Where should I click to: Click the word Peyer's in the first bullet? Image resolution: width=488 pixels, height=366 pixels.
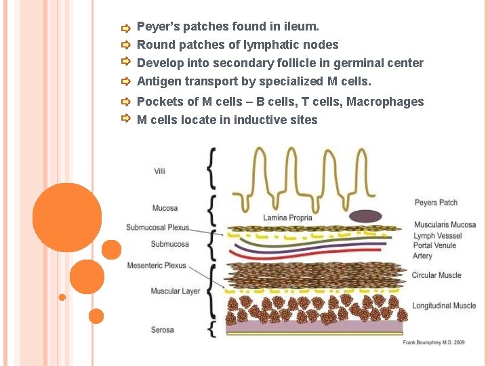pyautogui.click(x=158, y=27)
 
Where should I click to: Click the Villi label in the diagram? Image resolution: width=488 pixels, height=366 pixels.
pyautogui.click(x=159, y=171)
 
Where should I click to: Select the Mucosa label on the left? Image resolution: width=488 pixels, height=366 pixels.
pyautogui.click(x=165, y=208)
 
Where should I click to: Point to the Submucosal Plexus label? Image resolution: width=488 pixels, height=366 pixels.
pyautogui.click(x=157, y=227)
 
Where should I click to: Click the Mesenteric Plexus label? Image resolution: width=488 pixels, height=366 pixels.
pyautogui.click(x=156, y=266)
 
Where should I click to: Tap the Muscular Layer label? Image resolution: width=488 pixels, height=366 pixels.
pyautogui.click(x=175, y=291)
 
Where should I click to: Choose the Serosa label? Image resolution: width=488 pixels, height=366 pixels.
pyautogui.click(x=162, y=330)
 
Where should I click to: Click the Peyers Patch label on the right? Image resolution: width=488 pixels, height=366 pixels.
pyautogui.click(x=436, y=203)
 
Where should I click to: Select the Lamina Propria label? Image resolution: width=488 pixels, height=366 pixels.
pyautogui.click(x=287, y=218)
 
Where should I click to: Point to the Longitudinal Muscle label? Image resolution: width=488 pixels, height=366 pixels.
pyautogui.click(x=443, y=306)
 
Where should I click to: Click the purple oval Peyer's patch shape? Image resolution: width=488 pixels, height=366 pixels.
pyautogui.click(x=366, y=216)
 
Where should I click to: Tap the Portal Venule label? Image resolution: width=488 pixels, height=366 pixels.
pyautogui.click(x=434, y=245)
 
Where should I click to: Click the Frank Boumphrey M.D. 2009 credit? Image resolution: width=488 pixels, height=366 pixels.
pyautogui.click(x=434, y=343)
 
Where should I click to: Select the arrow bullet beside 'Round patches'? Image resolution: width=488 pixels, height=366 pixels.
pyautogui.click(x=125, y=45)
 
